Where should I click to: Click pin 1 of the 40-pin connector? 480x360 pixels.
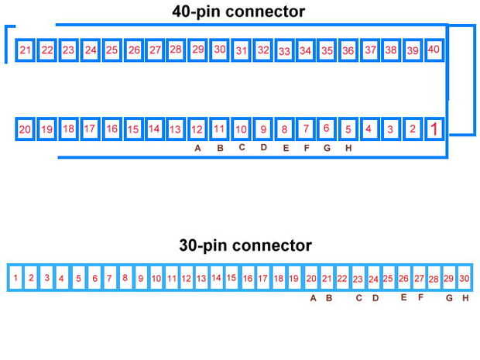coord(434,129)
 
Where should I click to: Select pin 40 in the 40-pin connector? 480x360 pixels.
coord(434,50)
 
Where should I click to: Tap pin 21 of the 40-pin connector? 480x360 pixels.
coord(26,50)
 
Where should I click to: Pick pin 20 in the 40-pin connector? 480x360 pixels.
coord(26,129)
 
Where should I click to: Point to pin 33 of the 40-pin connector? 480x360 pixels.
coord(284,51)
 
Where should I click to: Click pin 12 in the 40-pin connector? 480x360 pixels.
coord(197,129)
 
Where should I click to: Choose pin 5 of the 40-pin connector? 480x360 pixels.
coord(348,129)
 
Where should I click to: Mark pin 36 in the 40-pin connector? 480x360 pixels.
coord(348,50)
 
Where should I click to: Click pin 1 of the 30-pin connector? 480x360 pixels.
coord(15,277)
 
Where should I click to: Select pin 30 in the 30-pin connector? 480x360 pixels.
coord(465,278)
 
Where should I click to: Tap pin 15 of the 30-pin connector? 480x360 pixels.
coord(231,277)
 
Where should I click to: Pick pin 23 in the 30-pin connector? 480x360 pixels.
coord(358,278)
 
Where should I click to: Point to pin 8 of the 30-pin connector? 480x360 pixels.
coord(125,277)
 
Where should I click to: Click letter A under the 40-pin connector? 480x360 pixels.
coord(198,149)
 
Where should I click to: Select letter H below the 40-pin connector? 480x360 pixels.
coord(348,149)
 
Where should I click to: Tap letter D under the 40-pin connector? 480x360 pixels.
coord(263,148)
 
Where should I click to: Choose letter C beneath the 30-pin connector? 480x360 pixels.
coord(358,297)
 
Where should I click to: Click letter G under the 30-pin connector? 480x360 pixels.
coord(449,297)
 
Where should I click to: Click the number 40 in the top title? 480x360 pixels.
coord(182,12)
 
